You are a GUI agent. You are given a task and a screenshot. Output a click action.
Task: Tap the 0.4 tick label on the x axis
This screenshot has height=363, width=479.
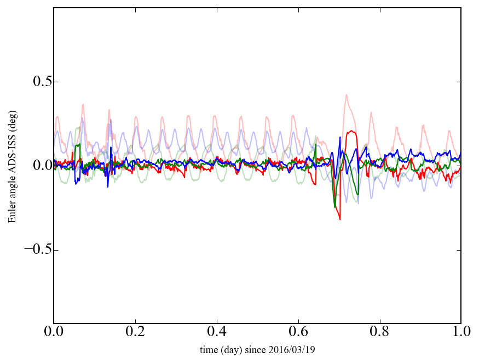217,332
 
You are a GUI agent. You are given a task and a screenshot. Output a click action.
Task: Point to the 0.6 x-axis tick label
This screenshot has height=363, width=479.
298,332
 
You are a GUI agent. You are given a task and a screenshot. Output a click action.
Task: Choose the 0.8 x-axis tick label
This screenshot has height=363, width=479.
379,332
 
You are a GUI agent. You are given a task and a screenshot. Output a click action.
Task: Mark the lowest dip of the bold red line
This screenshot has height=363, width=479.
340,219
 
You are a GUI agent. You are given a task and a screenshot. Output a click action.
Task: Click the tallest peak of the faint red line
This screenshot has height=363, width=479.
347,95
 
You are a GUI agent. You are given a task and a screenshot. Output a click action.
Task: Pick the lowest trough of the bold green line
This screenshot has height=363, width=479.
334,207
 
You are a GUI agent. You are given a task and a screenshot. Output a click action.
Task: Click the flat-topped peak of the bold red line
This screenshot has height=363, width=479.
351,132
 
